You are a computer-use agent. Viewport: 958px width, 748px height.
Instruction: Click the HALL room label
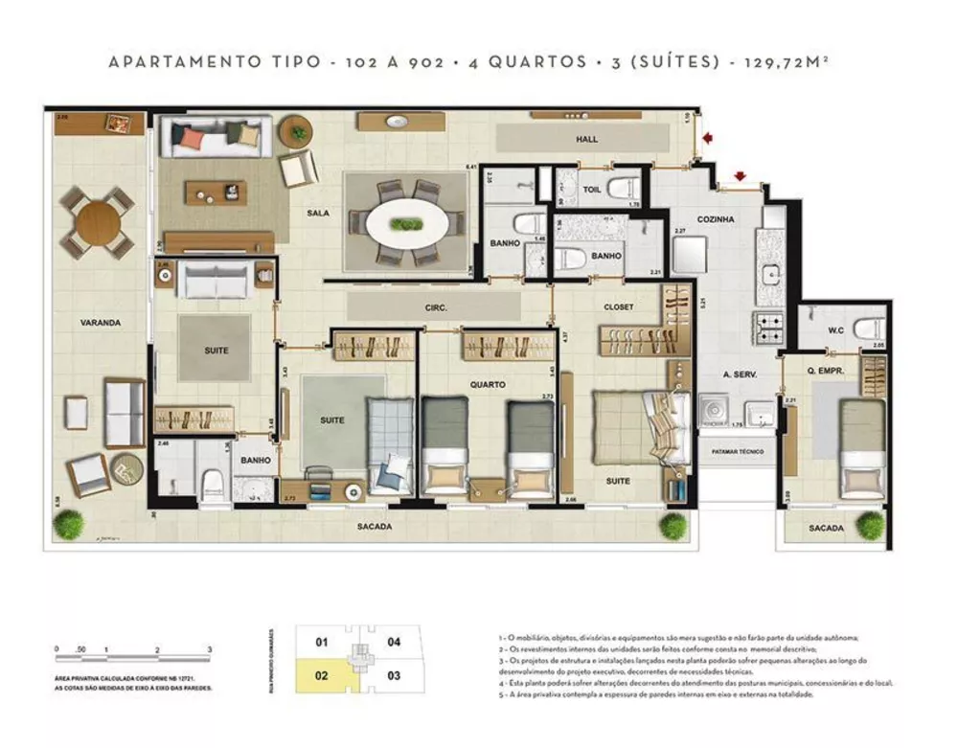click(586, 140)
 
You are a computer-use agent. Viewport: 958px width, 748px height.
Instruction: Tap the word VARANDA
click(100, 323)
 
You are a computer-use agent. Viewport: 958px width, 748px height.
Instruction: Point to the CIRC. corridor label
click(437, 308)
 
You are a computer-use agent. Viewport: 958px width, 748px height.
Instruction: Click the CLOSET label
click(618, 306)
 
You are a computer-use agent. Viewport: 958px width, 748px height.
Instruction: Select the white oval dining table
click(405, 225)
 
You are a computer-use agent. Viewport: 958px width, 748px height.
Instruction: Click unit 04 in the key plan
click(394, 642)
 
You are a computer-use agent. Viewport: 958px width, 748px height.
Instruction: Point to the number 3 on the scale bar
click(209, 649)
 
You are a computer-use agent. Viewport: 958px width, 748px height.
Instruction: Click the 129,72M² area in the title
click(788, 62)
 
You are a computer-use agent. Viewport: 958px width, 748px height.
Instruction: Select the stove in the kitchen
click(771, 328)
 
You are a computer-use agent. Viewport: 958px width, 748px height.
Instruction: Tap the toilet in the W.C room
click(868, 328)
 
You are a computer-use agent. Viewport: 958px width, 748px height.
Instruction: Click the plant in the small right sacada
click(870, 524)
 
